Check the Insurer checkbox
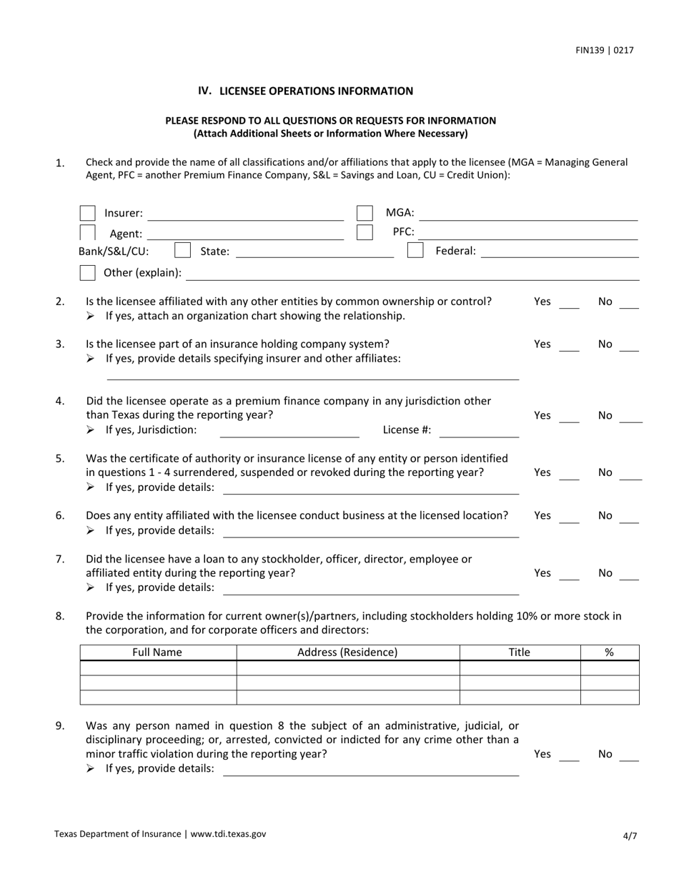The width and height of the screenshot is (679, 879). [88, 213]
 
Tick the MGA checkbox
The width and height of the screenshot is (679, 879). [365, 213]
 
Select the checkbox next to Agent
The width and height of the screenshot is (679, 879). [88, 232]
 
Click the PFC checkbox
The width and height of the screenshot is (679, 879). [365, 232]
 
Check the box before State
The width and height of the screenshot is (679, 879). [183, 250]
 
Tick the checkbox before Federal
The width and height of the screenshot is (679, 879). [415, 250]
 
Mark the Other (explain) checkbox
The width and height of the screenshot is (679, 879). [88, 272]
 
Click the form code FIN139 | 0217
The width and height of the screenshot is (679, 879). [604, 50]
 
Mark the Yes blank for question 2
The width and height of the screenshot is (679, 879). [569, 306]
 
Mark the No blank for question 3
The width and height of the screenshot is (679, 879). [629, 349]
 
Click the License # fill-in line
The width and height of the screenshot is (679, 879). [478, 434]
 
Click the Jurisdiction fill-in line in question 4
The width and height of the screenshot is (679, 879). [289, 434]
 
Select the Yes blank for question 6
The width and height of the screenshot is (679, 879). [569, 520]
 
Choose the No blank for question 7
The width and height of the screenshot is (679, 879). [629, 577]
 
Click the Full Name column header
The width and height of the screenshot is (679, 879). [157, 652]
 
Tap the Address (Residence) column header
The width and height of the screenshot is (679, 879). [347, 652]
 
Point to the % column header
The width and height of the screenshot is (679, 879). [610, 652]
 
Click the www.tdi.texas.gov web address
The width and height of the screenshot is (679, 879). [228, 833]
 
